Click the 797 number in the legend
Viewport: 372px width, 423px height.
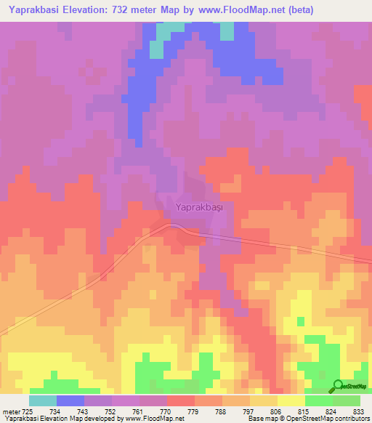248,412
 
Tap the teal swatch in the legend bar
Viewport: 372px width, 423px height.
43,400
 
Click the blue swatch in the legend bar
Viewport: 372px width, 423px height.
70,400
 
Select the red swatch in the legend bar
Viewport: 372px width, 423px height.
181,400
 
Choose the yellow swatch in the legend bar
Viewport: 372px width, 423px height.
291,400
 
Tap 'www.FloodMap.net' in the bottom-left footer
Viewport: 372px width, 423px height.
154,419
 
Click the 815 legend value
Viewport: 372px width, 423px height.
302,412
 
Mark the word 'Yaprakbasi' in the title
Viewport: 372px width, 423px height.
35,11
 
